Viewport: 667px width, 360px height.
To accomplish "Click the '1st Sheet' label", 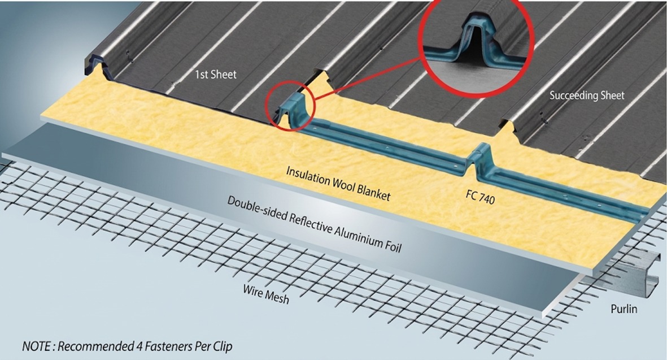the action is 215,75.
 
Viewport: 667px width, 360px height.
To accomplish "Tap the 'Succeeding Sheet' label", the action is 587,96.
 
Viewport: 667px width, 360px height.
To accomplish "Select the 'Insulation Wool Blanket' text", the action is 338,183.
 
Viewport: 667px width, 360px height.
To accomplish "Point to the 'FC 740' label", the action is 480,197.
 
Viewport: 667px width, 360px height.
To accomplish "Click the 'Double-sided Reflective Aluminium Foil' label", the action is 315,224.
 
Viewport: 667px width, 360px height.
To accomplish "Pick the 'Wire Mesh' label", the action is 266,294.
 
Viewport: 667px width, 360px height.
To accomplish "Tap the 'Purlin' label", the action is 624,309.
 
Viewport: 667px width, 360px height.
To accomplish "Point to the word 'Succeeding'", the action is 572,96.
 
